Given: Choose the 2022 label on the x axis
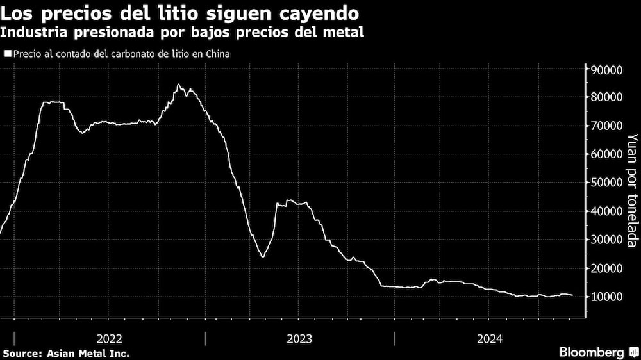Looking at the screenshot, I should [110, 338].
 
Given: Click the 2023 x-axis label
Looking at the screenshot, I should [299, 338].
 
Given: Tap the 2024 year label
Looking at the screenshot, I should [489, 338].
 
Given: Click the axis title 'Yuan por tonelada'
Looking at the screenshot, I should [633, 190].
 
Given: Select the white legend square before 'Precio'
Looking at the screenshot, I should [7, 54].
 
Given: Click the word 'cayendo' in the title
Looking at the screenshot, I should [321, 12].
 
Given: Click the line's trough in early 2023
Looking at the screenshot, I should [263, 257].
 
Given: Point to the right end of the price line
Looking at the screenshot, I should [572, 295].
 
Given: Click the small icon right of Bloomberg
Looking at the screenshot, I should [633, 352].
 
